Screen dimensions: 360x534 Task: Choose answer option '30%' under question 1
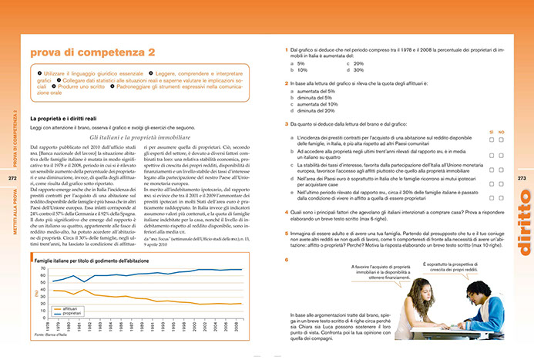point(358,69)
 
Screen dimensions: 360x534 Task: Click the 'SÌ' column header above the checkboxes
point(491,132)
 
